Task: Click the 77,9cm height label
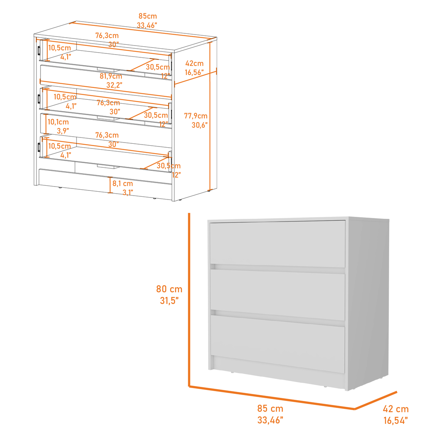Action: pyautogui.click(x=196, y=116)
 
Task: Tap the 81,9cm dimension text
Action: pyautogui.click(x=111, y=76)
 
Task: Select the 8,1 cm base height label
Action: pyautogui.click(x=123, y=183)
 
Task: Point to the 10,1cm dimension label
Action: pyautogui.click(x=58, y=122)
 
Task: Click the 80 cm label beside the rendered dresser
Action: pyautogui.click(x=169, y=289)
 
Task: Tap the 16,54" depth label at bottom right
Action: pyautogui.click(x=396, y=421)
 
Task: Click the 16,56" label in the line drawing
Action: pyautogui.click(x=194, y=72)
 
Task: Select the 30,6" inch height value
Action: pyautogui.click(x=200, y=125)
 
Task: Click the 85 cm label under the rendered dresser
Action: pyautogui.click(x=270, y=408)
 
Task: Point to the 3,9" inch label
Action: pyautogui.click(x=63, y=131)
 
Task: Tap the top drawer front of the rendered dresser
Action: pyautogui.click(x=278, y=243)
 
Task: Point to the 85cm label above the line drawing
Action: pyautogui.click(x=147, y=16)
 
